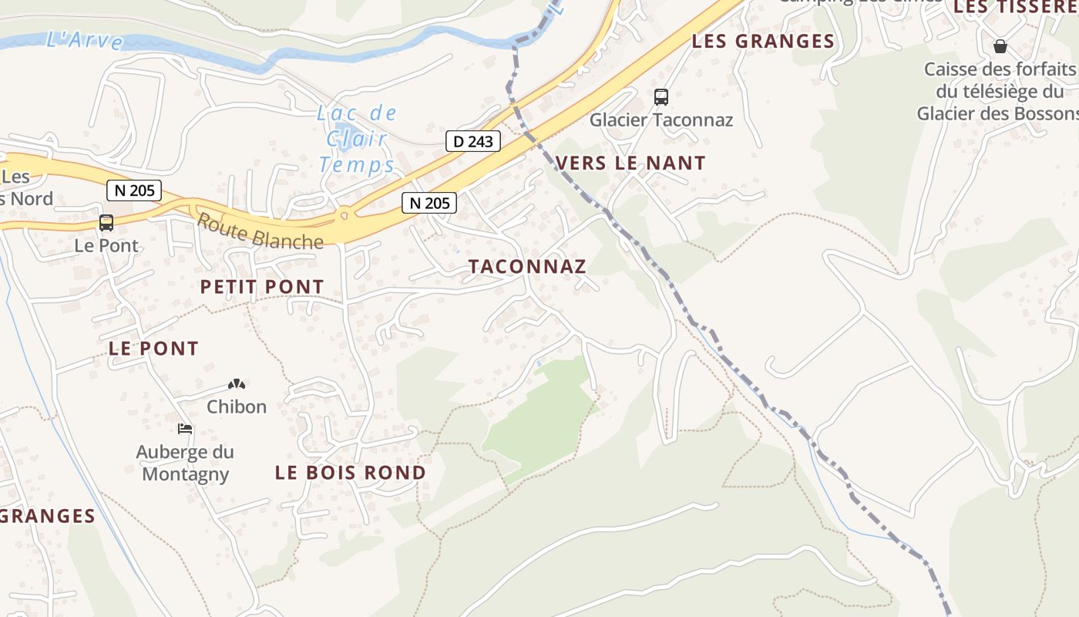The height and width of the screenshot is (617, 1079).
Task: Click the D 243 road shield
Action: pyautogui.click(x=473, y=142)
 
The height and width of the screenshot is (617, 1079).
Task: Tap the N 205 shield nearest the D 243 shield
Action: pyautogui.click(x=429, y=204)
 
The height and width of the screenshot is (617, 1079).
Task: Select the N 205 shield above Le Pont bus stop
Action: pyautogui.click(x=133, y=190)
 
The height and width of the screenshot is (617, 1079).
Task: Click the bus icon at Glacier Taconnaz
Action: pyautogui.click(x=661, y=97)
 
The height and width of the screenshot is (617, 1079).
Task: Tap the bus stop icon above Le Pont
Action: pyautogui.click(x=106, y=223)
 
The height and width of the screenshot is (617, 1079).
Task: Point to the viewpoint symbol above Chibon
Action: pyautogui.click(x=237, y=383)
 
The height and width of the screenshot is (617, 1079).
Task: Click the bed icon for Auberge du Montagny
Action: pyautogui.click(x=185, y=429)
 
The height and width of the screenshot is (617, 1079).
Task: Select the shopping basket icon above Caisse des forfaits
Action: pyautogui.click(x=1000, y=46)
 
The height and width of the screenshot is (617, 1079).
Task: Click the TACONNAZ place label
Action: pyautogui.click(x=528, y=267)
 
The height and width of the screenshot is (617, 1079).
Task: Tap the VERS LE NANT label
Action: pyautogui.click(x=630, y=164)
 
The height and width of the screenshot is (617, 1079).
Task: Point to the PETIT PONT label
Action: pyautogui.click(x=262, y=287)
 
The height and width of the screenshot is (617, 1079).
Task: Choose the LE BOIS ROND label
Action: pyautogui.click(x=351, y=473)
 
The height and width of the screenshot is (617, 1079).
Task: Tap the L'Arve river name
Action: pyautogui.click(x=85, y=40)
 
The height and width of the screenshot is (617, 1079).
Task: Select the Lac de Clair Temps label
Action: pyautogui.click(x=357, y=140)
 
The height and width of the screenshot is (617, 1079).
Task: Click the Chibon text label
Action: pyautogui.click(x=237, y=406)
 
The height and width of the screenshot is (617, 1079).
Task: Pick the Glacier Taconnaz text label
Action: pyautogui.click(x=661, y=120)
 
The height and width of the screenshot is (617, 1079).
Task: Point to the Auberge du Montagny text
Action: pyautogui.click(x=185, y=463)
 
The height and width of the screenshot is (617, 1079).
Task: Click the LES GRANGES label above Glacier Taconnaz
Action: pyautogui.click(x=763, y=42)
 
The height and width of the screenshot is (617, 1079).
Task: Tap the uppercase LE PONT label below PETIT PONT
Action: pyautogui.click(x=154, y=349)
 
